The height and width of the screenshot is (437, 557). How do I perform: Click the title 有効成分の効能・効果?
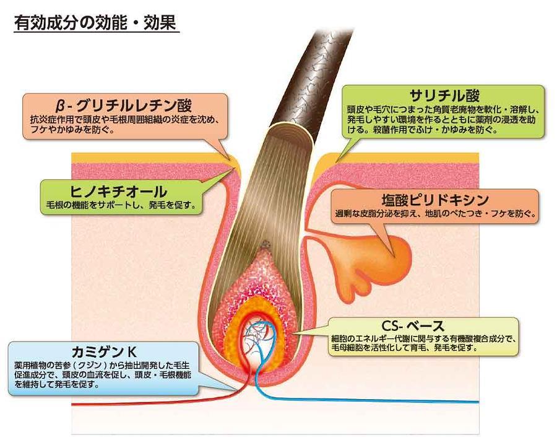tap(95, 22)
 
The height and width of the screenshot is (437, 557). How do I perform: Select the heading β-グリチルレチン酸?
tap(124, 105)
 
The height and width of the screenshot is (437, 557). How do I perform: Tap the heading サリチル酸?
tap(444, 95)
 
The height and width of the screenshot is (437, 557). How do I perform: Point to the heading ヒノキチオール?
tap(119, 192)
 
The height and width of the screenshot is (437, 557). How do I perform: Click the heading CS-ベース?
tap(413, 326)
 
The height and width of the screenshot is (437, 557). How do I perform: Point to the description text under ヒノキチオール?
tap(121, 205)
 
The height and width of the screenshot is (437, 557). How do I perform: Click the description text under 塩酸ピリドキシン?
tap(436, 214)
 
